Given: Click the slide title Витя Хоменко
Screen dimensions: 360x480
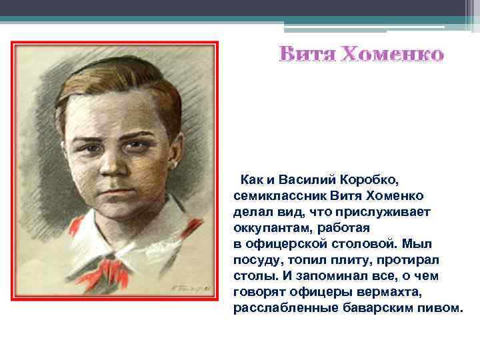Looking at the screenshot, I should click(361, 55).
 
